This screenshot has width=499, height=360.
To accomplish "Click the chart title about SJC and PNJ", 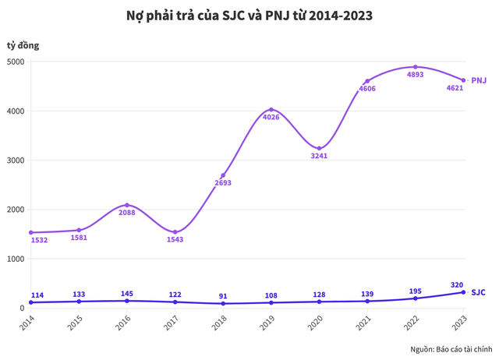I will (249, 15).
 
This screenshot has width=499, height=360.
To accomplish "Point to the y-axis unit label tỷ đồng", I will (22, 45).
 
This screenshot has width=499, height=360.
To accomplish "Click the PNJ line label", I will (479, 80).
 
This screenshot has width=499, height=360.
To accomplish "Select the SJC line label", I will (478, 292).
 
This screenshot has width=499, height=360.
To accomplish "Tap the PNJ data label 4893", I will (415, 76).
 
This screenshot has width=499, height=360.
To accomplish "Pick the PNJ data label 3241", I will (318, 156).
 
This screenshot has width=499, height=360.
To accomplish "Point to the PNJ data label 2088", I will (127, 213).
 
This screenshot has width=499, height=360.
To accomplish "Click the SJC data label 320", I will (458, 284).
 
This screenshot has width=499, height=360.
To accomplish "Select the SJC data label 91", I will (223, 296).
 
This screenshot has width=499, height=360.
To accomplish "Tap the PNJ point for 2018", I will (223, 175).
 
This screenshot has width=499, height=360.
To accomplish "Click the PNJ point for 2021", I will (367, 81).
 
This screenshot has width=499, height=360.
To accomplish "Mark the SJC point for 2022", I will (415, 298).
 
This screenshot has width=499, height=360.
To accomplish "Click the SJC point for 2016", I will (127, 301).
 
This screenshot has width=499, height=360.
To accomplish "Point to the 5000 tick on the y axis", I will (15, 62).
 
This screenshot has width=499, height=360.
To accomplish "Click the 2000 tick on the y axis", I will (15, 210).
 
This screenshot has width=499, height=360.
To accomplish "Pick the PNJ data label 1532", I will (39, 240).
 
